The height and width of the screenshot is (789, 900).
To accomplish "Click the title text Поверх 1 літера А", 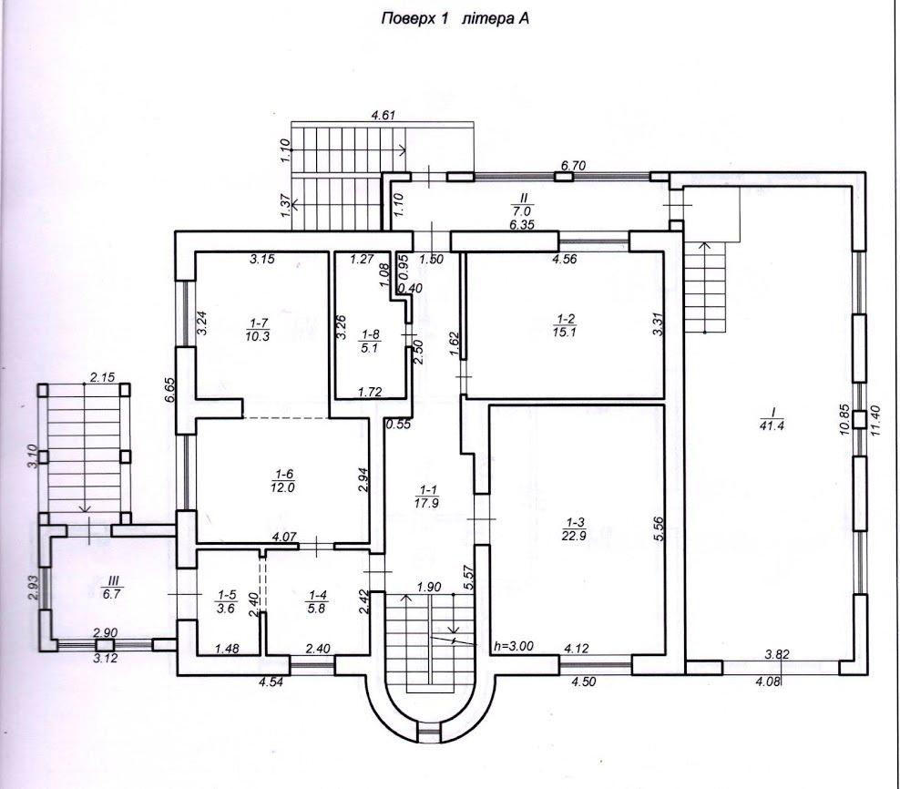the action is [x=455, y=19].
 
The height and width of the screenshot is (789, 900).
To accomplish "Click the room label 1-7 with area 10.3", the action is [x=257, y=331].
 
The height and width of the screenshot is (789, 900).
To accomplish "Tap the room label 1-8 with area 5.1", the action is [x=370, y=342].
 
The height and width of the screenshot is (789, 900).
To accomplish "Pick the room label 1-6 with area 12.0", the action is [x=285, y=481].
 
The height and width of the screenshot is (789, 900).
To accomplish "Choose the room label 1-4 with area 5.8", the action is [x=316, y=602].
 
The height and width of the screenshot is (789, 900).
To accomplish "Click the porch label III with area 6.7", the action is [x=111, y=588].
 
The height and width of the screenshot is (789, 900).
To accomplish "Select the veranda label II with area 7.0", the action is [x=524, y=204].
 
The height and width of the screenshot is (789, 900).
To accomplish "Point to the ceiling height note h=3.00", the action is [x=514, y=646].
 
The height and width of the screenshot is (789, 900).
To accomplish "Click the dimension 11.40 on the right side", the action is [x=874, y=420].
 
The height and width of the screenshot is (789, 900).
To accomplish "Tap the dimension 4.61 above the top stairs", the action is [x=384, y=115].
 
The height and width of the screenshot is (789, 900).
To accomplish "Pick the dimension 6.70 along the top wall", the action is [x=573, y=166].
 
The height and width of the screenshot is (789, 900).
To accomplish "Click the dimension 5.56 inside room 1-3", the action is [x=658, y=528].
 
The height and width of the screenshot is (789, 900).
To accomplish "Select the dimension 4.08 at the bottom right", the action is [x=769, y=682].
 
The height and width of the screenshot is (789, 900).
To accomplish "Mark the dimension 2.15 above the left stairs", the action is [x=102, y=377].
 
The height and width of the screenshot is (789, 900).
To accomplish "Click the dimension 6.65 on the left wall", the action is [x=169, y=392].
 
